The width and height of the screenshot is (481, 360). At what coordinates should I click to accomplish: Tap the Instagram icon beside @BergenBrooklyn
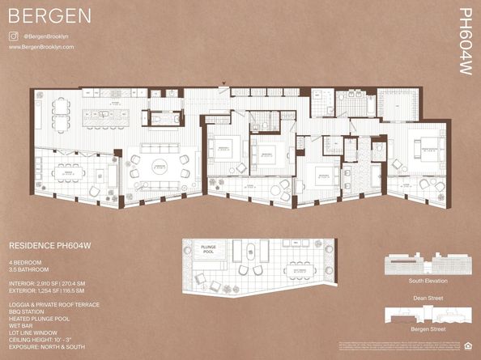coord(14,36)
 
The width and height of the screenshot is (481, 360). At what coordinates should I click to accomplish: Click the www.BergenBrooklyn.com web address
coord(41,47)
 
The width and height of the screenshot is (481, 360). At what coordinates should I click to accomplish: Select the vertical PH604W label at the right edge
coord(464,42)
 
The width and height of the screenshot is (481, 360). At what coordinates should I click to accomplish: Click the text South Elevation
coord(428,281)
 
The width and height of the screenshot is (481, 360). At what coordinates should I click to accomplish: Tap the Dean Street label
coord(428,298)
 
